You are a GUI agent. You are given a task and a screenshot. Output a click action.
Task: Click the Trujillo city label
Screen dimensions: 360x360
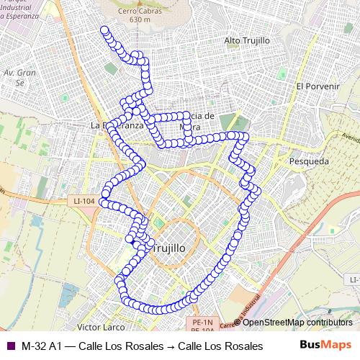click(170, 247)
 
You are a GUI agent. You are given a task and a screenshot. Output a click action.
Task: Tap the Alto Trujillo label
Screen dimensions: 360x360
click(246, 40)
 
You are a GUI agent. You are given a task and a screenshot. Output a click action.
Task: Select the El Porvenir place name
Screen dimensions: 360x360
click(317, 86)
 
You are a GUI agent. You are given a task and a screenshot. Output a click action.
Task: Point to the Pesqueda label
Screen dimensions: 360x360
click(307, 163)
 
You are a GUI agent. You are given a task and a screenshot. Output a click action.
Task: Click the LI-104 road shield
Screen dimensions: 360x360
click(84, 202)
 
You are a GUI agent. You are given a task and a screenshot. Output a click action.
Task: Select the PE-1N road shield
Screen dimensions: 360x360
click(204, 321)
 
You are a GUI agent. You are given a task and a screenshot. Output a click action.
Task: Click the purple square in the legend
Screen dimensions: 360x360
click(9, 346)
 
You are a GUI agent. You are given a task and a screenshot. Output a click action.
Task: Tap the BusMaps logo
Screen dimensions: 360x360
click(326, 345)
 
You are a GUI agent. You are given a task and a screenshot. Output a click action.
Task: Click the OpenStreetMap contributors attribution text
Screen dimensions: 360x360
click(297, 323)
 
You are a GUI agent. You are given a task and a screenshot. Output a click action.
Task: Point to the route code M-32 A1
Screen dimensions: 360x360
click(42, 346)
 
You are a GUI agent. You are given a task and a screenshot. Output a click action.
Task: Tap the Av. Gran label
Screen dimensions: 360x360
click(19, 73)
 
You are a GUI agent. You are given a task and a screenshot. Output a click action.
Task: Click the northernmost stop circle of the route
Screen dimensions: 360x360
click(104, 30)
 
